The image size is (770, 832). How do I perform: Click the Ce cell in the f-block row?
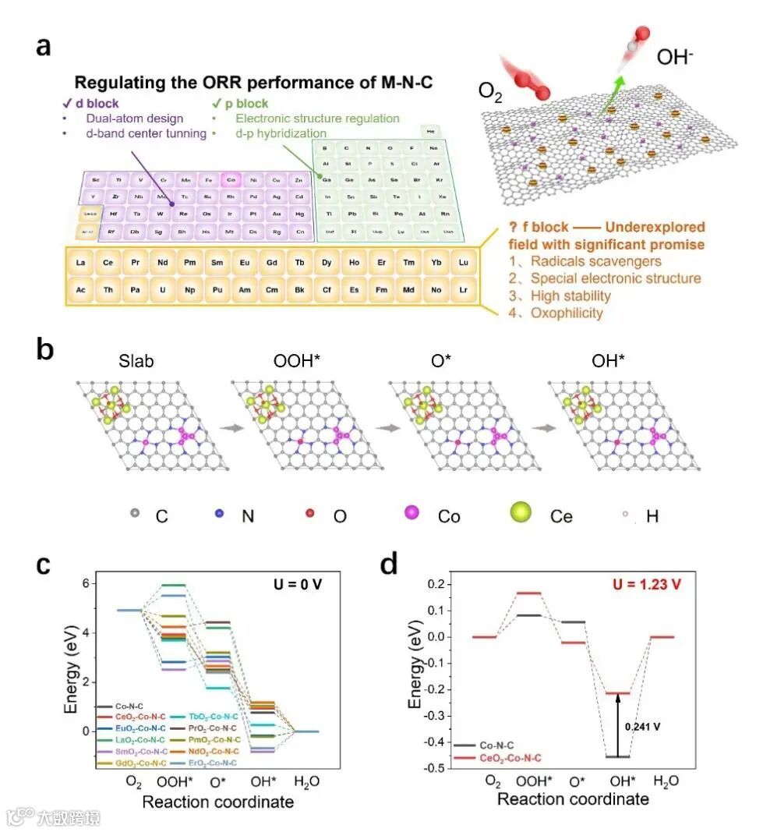click(x=108, y=263)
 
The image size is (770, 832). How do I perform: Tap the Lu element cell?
click(x=463, y=263)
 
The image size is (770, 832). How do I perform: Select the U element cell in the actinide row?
click(x=162, y=289)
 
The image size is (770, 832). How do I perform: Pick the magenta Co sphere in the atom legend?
click(x=413, y=515)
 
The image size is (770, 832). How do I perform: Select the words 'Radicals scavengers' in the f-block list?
click(x=595, y=261)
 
